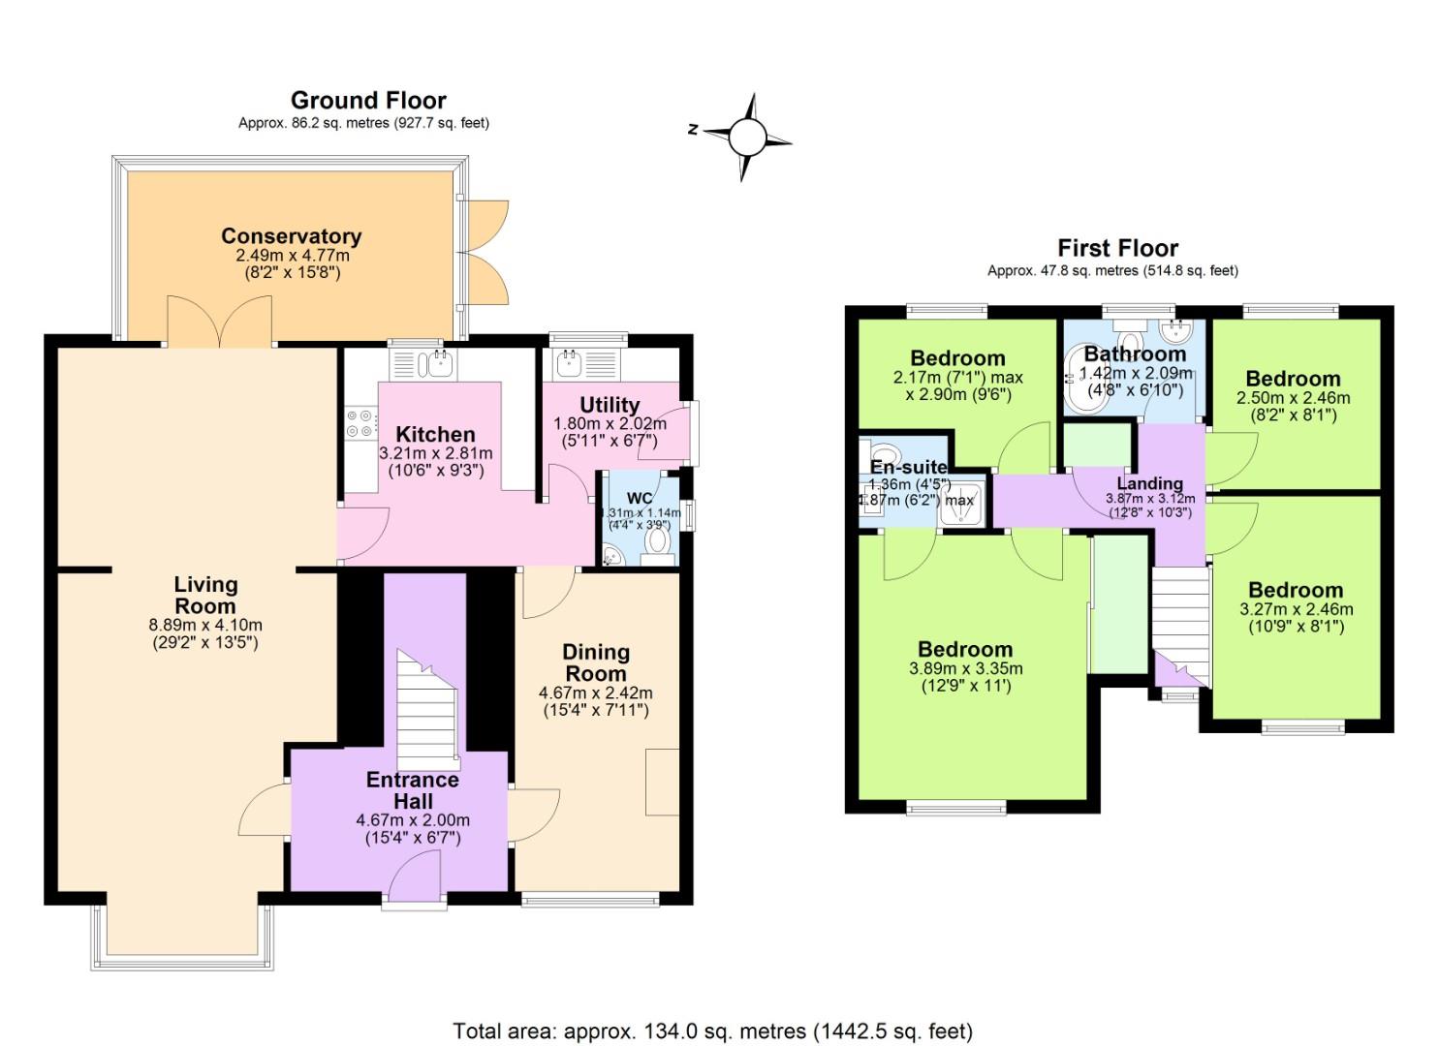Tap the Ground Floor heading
tap(368, 101)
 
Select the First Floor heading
tap(1117, 248)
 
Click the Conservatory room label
tap(291, 236)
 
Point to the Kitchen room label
tap(435, 434)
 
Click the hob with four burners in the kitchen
tap(360, 423)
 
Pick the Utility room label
tap(609, 405)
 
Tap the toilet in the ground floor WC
tap(659, 541)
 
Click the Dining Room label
tap(596, 662)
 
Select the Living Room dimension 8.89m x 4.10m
tap(205, 625)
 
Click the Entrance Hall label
tap(413, 790)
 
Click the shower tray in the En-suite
tap(963, 502)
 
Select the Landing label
tap(1150, 483)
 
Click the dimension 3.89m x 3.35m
tap(965, 668)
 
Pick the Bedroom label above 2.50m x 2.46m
tap(1293, 379)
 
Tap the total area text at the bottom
tap(712, 1031)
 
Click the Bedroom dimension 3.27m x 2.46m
tap(1296, 609)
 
